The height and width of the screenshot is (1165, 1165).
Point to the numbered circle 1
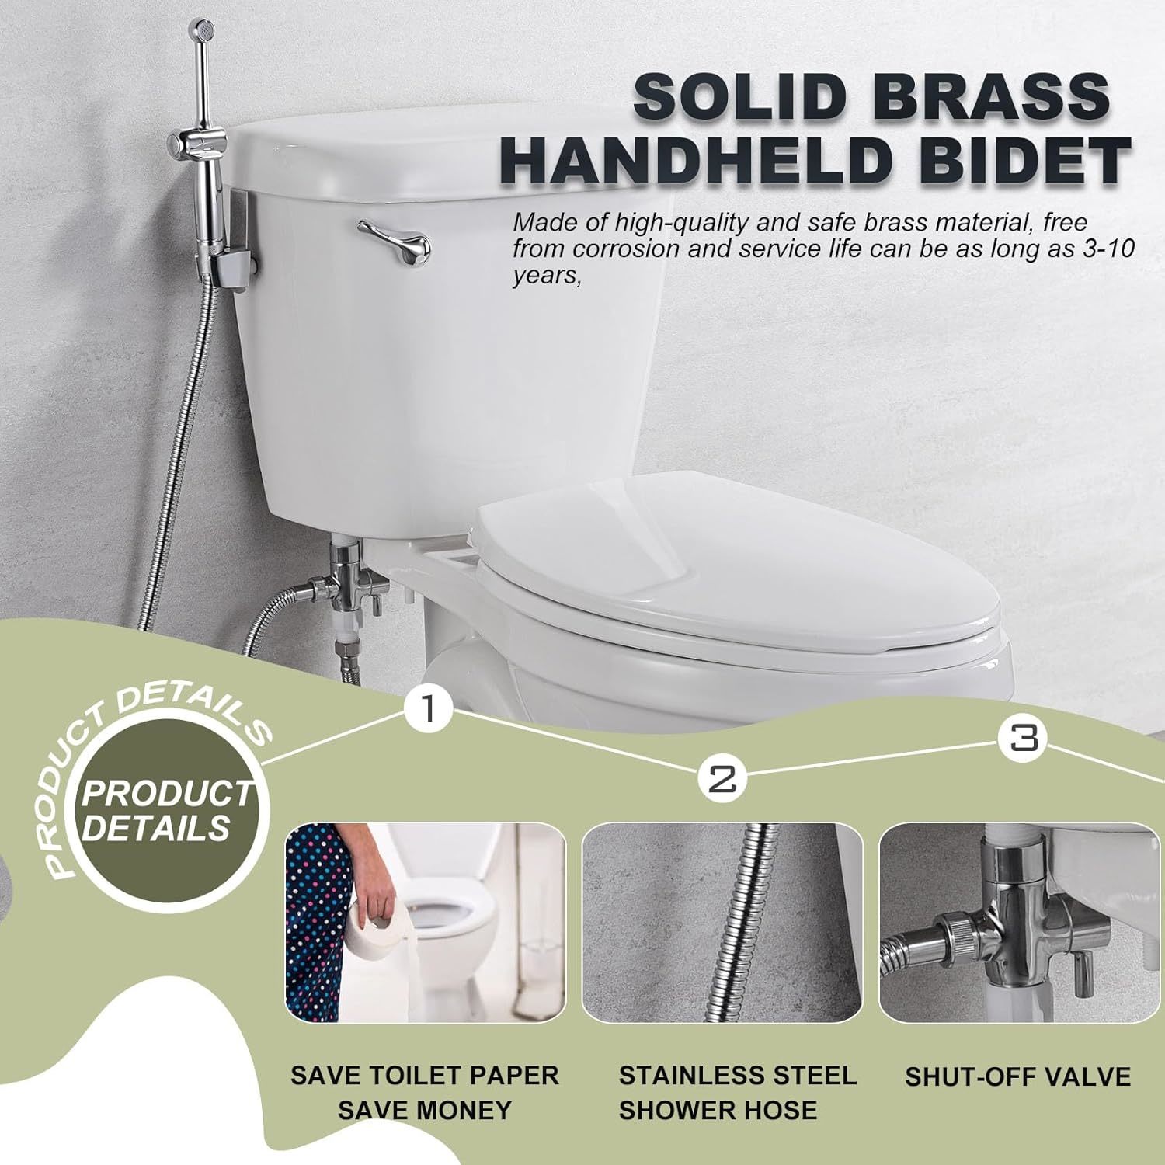[428, 708]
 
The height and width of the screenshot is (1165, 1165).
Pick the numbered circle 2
[723, 777]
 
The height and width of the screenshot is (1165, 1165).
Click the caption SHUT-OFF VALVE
[1017, 1077]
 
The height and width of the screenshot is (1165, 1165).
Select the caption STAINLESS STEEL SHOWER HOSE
[736, 1093]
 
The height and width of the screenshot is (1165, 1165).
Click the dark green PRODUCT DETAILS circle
[168, 812]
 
